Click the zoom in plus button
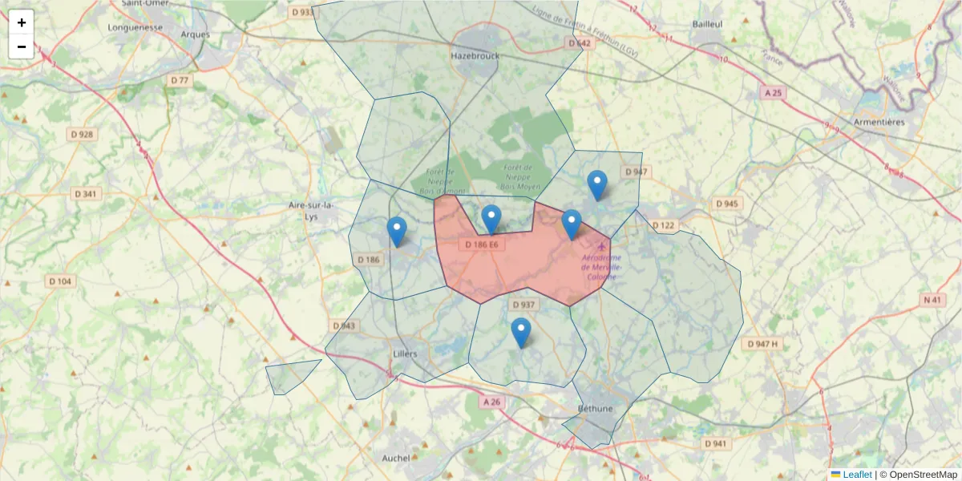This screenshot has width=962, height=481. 22,22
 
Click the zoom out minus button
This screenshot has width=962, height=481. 22,46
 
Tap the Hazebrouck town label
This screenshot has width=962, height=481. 475,56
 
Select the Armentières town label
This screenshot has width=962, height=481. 879,122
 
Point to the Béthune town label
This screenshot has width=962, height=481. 593,408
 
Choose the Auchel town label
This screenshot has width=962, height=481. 395,458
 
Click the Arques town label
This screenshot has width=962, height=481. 196,34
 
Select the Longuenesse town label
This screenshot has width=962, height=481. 135,26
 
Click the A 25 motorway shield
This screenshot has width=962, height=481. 773,94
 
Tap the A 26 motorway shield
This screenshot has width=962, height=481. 491,401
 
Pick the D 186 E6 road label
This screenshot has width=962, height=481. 483,245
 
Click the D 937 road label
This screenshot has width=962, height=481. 523,305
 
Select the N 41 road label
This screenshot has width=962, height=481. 932,300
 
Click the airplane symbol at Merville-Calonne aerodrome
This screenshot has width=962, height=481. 602,246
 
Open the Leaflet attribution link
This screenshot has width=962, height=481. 856,475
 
